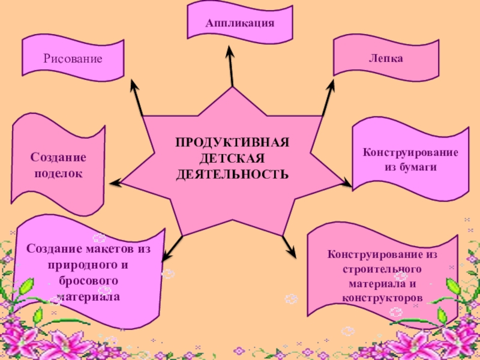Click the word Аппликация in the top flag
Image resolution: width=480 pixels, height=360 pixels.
click(x=240, y=23)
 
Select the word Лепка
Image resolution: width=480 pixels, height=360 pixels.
click(x=386, y=59)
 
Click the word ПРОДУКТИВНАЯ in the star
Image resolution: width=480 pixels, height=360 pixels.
click(x=233, y=143)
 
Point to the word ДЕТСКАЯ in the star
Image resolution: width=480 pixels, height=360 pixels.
click(x=232, y=158)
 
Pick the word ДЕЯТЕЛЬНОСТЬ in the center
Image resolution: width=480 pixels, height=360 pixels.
click(x=232, y=174)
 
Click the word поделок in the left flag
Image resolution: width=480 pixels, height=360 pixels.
click(x=58, y=173)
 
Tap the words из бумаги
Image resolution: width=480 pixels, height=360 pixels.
click(x=410, y=166)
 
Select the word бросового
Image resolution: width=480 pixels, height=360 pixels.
click(x=88, y=281)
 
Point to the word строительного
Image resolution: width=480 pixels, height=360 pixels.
click(x=383, y=269)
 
